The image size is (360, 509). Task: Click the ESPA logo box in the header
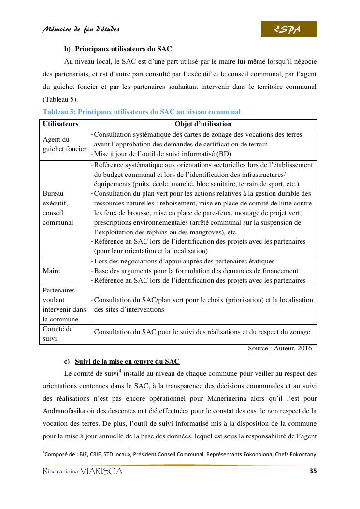coord(289,29)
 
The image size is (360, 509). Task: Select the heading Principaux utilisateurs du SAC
coord(124,49)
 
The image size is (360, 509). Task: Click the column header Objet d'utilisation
coord(203,124)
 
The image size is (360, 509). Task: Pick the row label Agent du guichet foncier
coord(64,145)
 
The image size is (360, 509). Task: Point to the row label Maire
coord(51,271)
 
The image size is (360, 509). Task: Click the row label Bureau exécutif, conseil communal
coord(58,208)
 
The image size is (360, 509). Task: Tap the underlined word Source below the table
coord(258,348)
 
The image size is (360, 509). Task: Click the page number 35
coord(312,471)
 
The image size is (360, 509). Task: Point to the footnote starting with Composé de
coord(179,454)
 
